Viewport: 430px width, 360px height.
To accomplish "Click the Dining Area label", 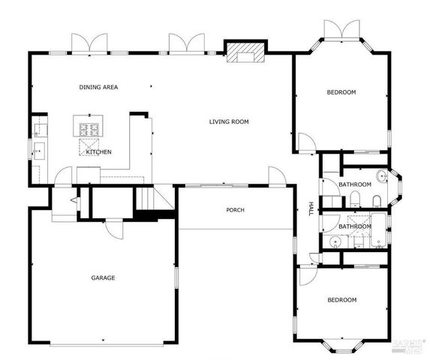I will tap(98, 88).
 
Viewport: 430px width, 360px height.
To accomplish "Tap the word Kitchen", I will tap(98, 152).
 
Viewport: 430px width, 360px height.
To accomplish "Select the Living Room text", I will tap(229, 121).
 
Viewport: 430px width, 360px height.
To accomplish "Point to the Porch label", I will tap(235, 210).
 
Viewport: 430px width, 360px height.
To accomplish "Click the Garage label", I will tap(103, 278).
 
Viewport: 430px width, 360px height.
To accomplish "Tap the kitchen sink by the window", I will tap(38, 152).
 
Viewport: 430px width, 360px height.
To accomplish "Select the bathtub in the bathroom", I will tap(379, 229).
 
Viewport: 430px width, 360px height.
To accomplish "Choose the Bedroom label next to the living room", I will tap(341, 92).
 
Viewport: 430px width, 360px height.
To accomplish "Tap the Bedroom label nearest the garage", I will tap(341, 300).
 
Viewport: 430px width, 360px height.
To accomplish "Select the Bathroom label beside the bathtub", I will tap(354, 226).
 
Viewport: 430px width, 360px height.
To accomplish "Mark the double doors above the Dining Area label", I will tap(89, 43).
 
